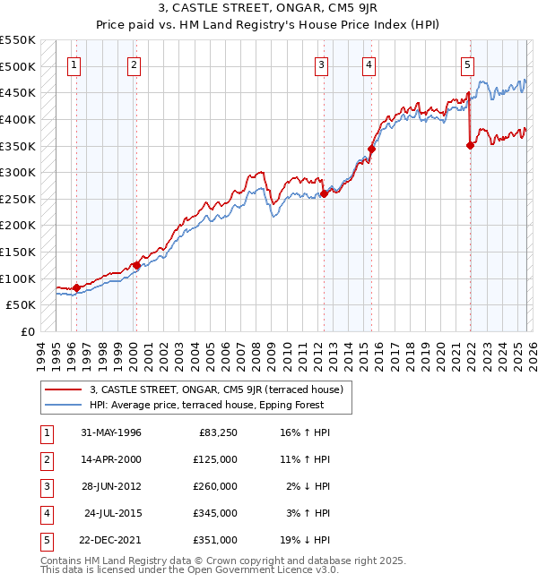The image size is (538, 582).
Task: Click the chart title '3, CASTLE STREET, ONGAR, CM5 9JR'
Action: click(269, 10)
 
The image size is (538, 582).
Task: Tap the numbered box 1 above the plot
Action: click(74, 64)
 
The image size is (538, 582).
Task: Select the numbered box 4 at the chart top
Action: click(369, 64)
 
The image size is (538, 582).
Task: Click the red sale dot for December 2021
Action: click(470, 145)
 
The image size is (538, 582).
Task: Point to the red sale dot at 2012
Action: click(325, 193)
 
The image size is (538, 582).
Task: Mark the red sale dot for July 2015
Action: click(371, 149)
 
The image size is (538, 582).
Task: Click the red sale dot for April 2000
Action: click(136, 265)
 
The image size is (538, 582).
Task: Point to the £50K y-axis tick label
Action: click(22, 305)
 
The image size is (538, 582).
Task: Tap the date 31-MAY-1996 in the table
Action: click(111, 433)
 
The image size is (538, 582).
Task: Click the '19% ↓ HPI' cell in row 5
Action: click(304, 541)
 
